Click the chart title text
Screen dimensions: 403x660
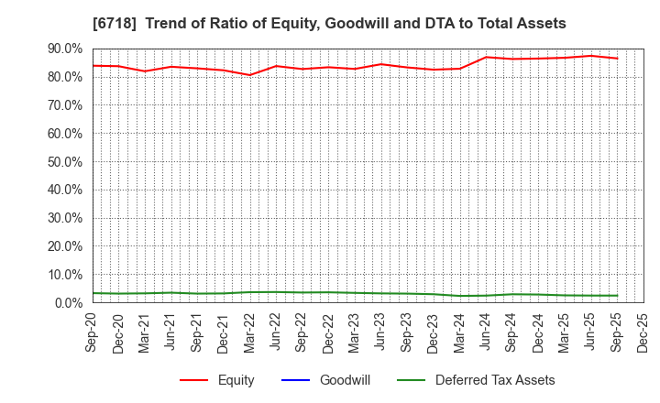[x=329, y=24]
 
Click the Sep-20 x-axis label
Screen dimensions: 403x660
[x=92, y=332]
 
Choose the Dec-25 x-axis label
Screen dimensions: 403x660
[x=644, y=332]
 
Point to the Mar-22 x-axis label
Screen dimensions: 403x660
[x=250, y=332]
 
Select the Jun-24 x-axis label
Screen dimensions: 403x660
[x=487, y=332]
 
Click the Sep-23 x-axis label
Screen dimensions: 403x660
[x=408, y=332]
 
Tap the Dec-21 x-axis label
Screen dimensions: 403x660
[x=224, y=332]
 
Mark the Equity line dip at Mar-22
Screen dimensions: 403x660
[x=249, y=75]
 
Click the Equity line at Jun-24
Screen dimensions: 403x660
[x=486, y=57]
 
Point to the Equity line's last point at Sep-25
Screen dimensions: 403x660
[x=617, y=59]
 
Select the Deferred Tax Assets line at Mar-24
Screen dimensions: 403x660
[x=460, y=296]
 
